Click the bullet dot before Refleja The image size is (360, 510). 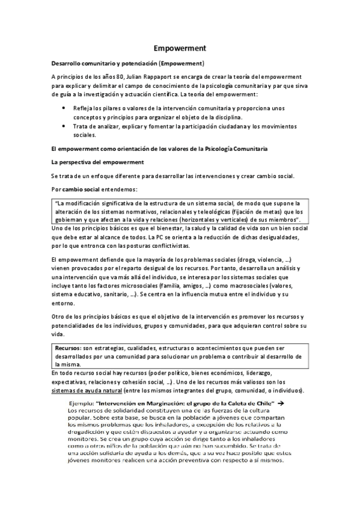pyautogui.click(x=64, y=106)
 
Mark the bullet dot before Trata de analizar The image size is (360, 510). pyautogui.click(x=64, y=126)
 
